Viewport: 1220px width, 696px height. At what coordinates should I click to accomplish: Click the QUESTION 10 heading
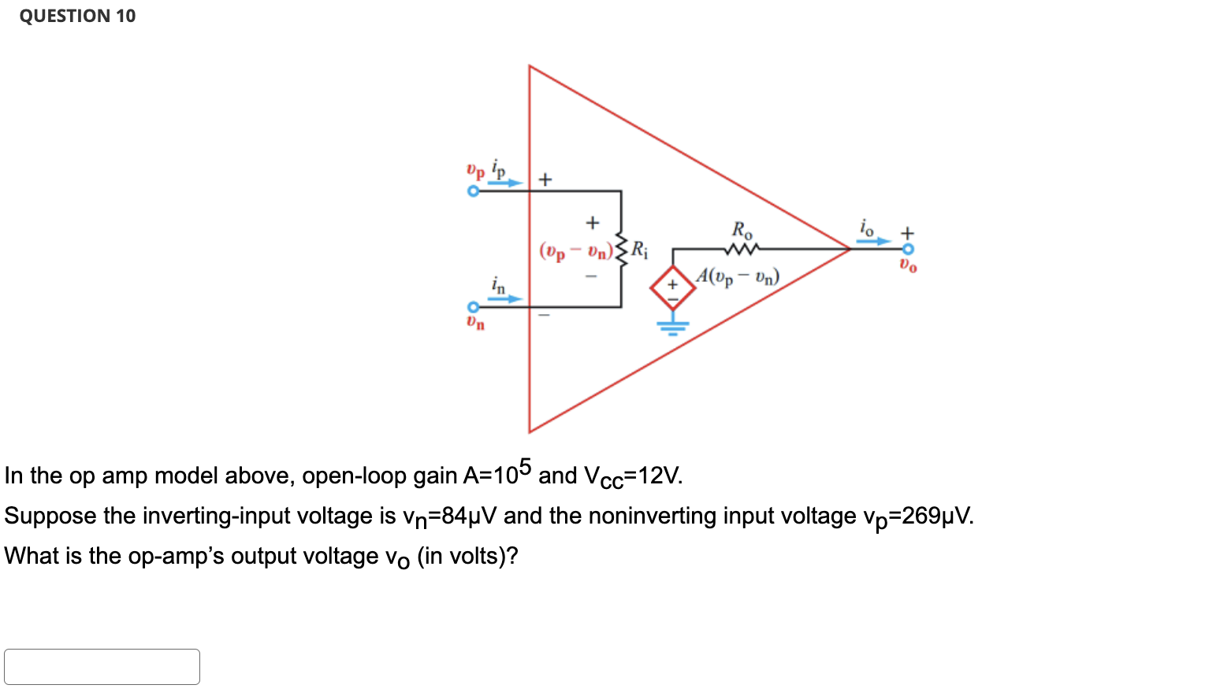(77, 16)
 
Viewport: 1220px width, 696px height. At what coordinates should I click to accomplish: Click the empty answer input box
(102, 666)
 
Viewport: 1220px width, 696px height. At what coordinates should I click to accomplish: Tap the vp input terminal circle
(473, 191)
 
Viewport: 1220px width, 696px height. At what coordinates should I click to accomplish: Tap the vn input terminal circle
(473, 307)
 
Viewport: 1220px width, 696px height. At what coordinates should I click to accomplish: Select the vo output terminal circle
(908, 249)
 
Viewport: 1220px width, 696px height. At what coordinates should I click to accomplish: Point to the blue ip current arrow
(504, 183)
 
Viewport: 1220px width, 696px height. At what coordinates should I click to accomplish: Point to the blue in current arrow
(504, 298)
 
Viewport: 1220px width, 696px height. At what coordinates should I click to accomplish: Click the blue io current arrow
(873, 241)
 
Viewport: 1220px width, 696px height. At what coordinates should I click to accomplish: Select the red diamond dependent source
(672, 289)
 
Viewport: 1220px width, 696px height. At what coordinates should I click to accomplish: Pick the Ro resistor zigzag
(742, 249)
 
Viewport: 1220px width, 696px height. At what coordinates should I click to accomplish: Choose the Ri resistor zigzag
(622, 250)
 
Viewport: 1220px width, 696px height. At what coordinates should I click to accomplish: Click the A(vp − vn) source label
(738, 276)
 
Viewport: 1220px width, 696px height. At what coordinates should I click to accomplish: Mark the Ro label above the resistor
(742, 230)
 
